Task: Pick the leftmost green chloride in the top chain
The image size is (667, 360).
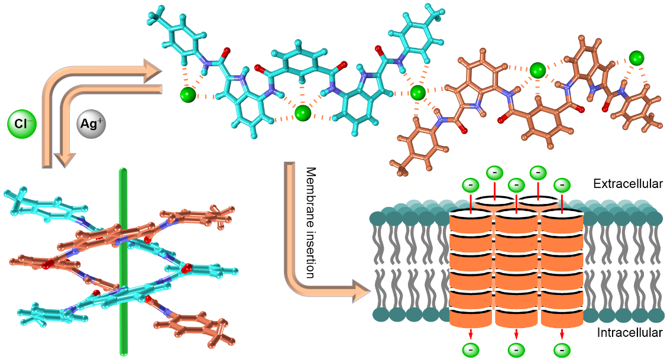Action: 187,94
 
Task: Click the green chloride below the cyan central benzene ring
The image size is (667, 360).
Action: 303,112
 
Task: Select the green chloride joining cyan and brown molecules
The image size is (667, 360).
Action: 418,92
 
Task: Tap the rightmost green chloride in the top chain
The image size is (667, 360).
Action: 636,58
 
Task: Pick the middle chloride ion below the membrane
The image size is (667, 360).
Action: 516,350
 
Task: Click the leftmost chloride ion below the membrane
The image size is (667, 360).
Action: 471,350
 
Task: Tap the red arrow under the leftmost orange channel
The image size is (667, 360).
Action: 471,333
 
